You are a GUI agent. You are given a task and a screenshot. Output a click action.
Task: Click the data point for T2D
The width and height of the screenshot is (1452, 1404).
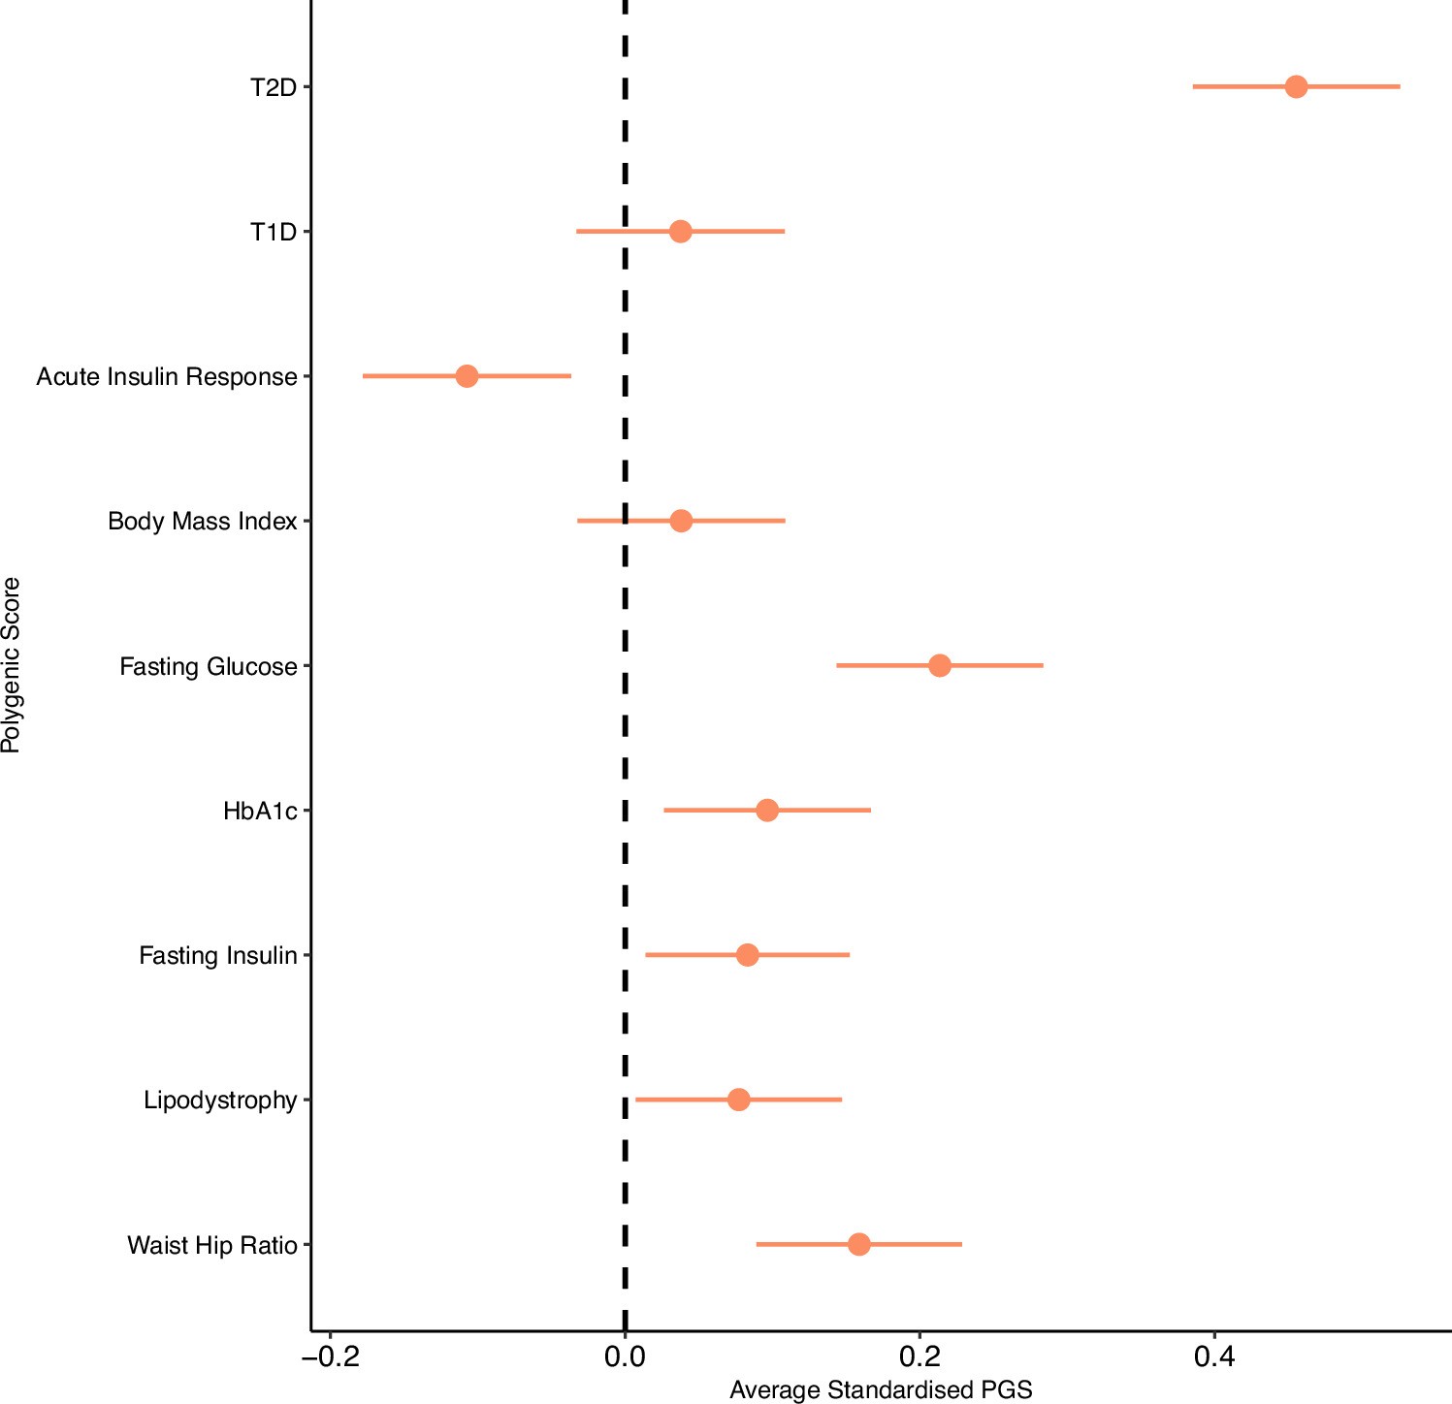point(1296,87)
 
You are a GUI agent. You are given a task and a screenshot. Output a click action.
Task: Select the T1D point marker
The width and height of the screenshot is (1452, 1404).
point(680,232)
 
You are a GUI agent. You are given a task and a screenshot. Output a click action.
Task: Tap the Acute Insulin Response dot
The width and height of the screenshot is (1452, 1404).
point(467,376)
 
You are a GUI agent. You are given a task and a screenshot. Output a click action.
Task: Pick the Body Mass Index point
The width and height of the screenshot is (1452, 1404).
point(681,521)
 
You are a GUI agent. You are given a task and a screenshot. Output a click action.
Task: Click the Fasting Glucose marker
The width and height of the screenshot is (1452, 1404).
point(939,666)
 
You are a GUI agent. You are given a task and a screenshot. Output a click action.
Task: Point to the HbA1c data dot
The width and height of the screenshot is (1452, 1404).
point(766,811)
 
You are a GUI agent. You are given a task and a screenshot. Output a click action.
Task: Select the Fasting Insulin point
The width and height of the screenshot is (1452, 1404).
point(747,955)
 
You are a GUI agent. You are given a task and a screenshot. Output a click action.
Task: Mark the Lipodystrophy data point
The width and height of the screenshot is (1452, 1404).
point(738,1100)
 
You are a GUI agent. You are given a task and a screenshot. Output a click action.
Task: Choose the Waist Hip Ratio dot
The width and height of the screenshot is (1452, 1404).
point(858,1244)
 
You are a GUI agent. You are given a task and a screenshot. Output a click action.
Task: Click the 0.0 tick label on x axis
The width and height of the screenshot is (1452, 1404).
point(625,1356)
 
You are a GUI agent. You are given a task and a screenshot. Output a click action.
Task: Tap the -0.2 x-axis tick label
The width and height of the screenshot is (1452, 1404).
point(330,1356)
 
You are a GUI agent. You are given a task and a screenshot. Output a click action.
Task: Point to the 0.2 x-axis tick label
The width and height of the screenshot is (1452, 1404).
point(920,1356)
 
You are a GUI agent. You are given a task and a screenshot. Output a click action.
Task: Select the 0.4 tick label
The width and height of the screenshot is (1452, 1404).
point(1214,1356)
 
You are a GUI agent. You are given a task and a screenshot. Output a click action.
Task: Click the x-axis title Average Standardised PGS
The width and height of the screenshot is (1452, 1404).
point(881,1390)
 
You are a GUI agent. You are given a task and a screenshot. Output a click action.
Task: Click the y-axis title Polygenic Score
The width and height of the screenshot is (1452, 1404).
point(12,665)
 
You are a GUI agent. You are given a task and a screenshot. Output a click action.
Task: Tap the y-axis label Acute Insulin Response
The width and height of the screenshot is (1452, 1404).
point(167,377)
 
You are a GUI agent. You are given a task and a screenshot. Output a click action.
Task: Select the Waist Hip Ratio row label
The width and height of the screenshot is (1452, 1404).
point(212,1245)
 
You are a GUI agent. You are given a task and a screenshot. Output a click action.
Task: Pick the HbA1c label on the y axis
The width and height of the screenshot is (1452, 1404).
point(260,812)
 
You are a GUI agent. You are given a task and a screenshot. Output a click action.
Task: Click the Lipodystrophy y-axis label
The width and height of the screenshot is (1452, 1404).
point(220,1101)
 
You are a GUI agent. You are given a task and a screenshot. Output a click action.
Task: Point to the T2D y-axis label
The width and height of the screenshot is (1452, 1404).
point(274,88)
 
